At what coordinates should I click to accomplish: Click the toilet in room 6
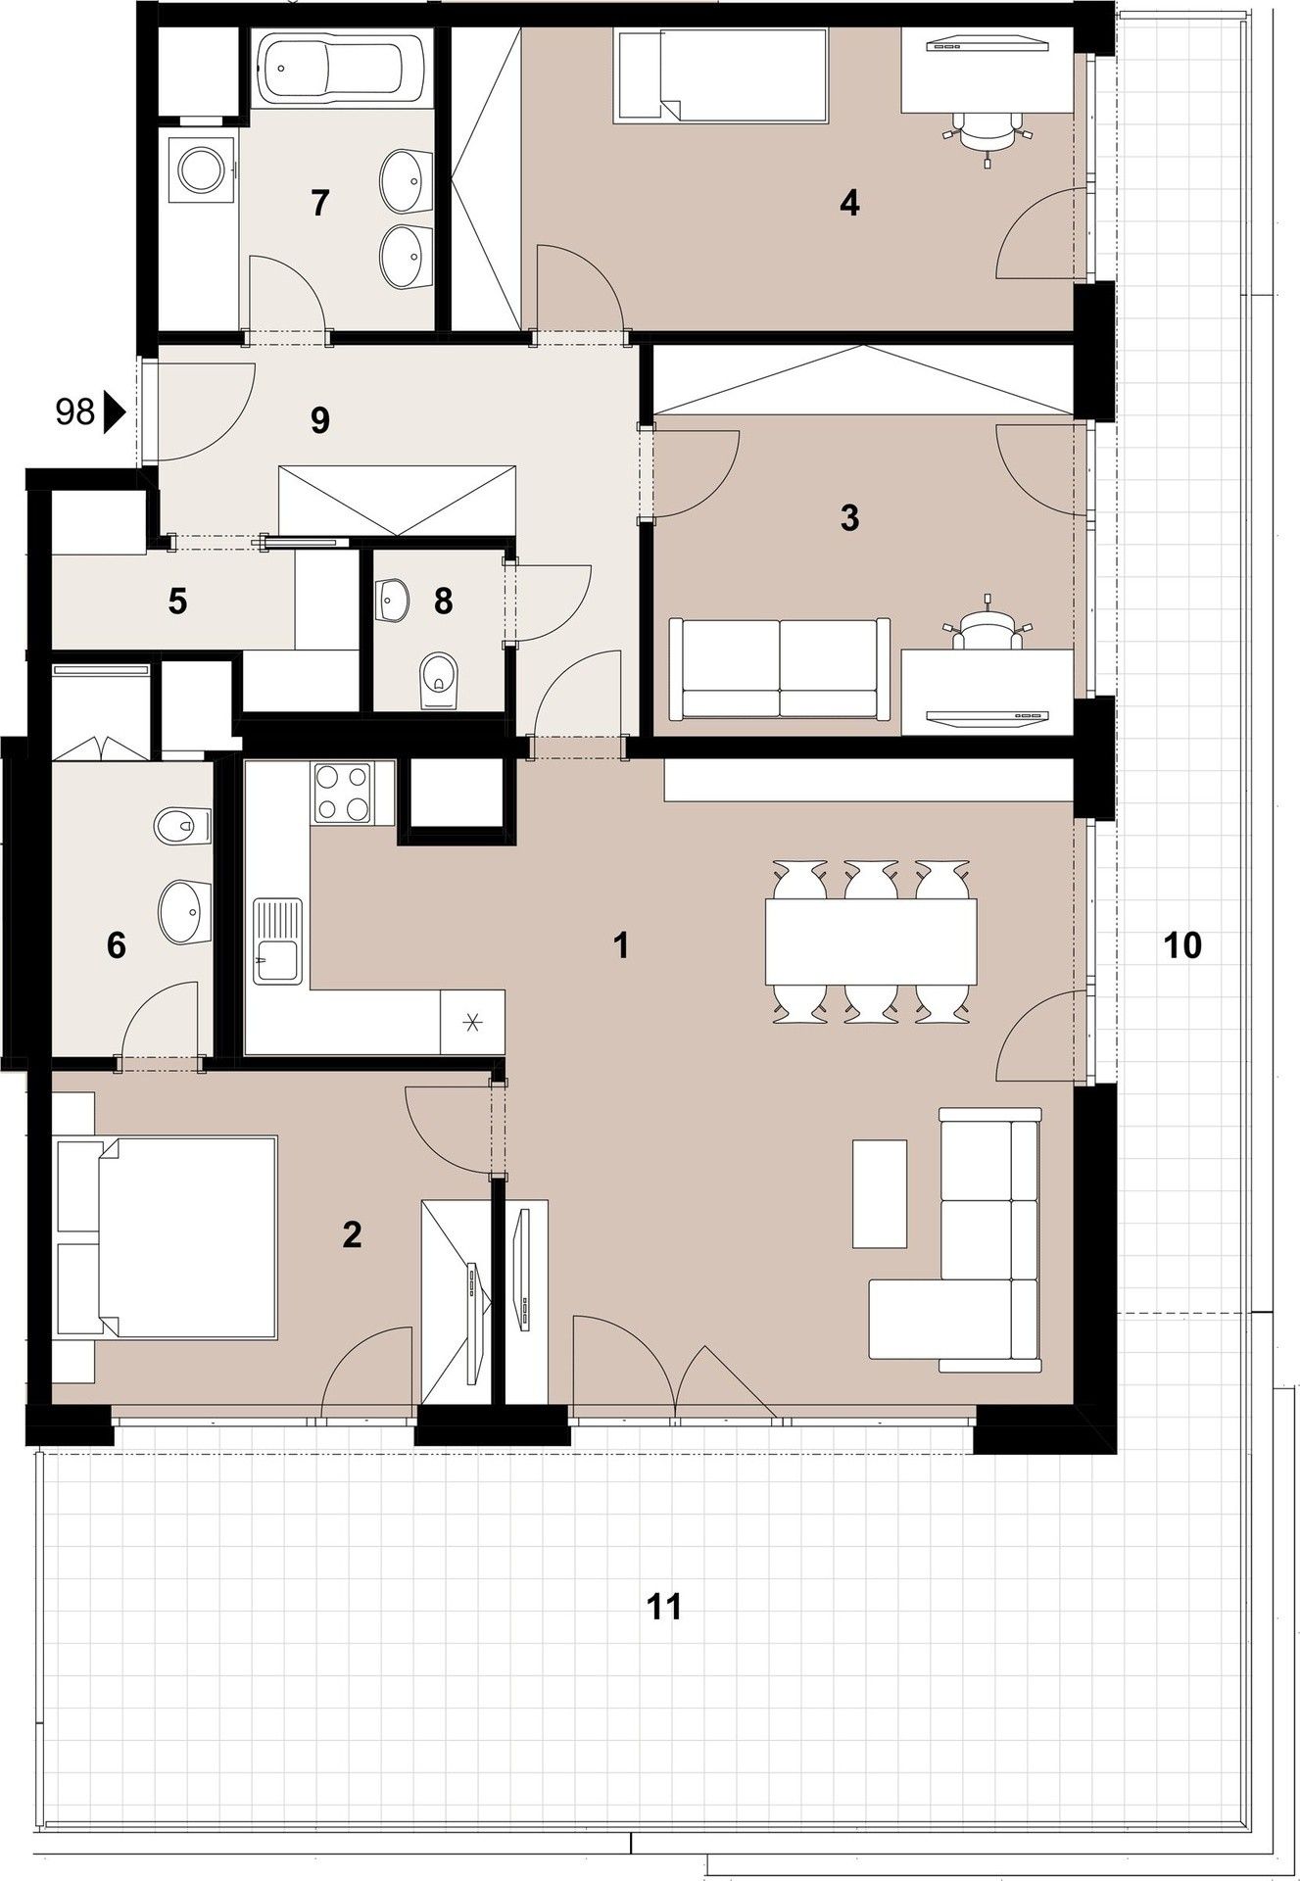182,825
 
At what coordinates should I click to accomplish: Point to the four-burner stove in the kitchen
343,792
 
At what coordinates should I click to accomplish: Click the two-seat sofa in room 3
780,668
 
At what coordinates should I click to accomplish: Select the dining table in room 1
872,941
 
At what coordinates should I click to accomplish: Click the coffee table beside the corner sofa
880,1192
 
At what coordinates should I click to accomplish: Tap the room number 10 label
1182,945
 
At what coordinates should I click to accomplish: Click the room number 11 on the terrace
664,1607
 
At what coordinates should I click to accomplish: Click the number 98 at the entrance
74,412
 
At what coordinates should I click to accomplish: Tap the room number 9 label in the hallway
319,420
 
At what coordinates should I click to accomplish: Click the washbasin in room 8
394,598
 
